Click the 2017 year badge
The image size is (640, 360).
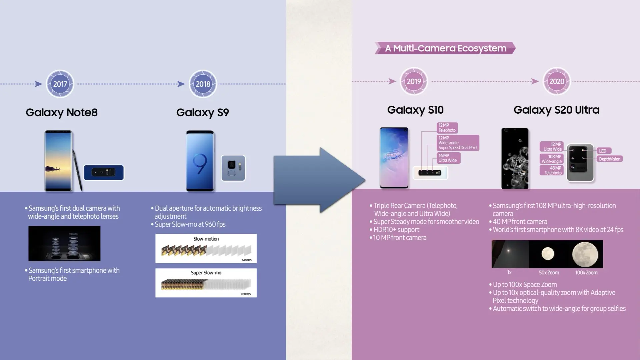tap(60, 84)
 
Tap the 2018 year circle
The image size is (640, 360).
tap(203, 84)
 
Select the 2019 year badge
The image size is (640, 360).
tap(414, 81)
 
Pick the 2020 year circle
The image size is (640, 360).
tap(557, 81)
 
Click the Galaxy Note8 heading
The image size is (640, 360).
tap(62, 112)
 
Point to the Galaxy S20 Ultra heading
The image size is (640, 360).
tap(556, 110)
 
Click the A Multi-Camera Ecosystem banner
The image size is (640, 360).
tap(445, 48)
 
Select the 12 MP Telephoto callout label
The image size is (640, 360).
tap(447, 128)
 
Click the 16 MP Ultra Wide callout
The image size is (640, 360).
tap(448, 158)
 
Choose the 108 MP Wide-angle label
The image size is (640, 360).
tap(552, 159)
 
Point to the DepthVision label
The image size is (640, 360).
tap(609, 159)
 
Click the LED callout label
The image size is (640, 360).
tap(603, 151)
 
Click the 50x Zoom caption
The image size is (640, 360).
tap(549, 273)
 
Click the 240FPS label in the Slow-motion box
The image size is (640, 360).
tap(246, 260)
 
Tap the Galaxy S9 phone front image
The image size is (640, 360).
tap(200, 161)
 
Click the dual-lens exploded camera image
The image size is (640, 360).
tap(64, 244)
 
